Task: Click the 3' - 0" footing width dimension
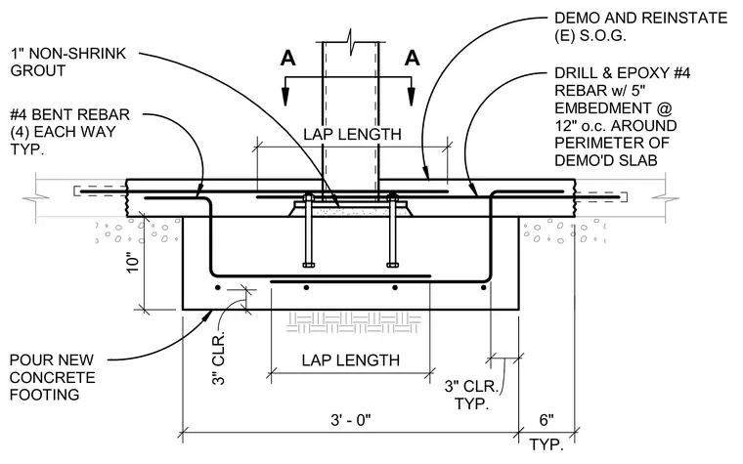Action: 350,420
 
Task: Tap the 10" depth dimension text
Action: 133,262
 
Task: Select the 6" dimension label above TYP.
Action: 546,420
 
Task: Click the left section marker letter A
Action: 287,59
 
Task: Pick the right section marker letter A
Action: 412,59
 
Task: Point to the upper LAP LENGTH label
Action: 352,135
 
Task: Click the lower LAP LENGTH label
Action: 351,360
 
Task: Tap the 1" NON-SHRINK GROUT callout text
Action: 68,62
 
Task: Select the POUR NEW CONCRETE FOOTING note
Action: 52,377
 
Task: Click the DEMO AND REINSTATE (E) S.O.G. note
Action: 640,26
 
